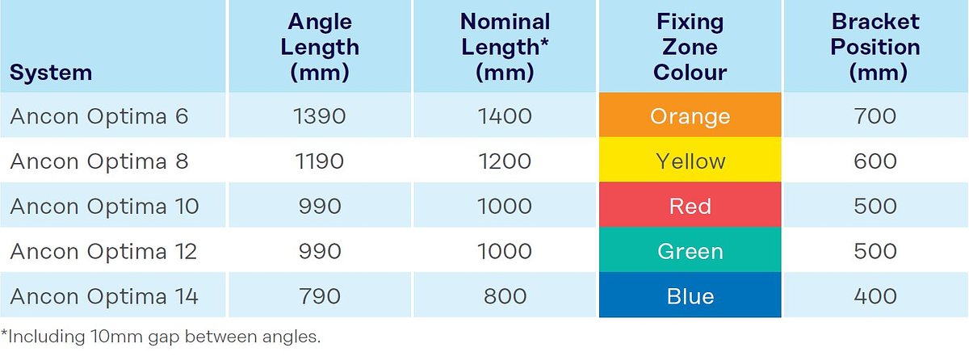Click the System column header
click(51, 73)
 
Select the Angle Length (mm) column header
click(319, 47)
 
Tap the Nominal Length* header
click(505, 47)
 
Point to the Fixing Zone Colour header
click(690, 47)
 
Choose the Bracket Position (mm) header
click(875, 47)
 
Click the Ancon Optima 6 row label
click(99, 116)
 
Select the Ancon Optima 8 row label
click(99, 161)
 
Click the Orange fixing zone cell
click(690, 116)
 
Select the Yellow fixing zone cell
click(690, 161)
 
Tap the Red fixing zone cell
click(690, 207)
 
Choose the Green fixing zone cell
click(690, 252)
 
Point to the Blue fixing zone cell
click(690, 297)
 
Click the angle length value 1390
click(319, 116)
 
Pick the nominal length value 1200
click(505, 161)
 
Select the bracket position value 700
click(875, 116)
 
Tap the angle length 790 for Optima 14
click(319, 297)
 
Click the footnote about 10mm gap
click(161, 337)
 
